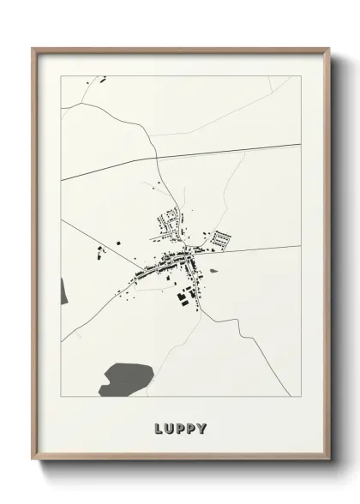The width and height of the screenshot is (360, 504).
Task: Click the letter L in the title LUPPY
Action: pos(159,427)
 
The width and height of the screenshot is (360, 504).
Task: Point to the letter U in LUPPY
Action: pos(170,427)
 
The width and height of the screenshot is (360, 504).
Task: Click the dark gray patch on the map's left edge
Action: pos(63,291)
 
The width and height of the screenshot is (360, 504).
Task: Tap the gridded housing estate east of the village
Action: pos(222,238)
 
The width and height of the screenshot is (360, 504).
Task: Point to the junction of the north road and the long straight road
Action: pos(159,161)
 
